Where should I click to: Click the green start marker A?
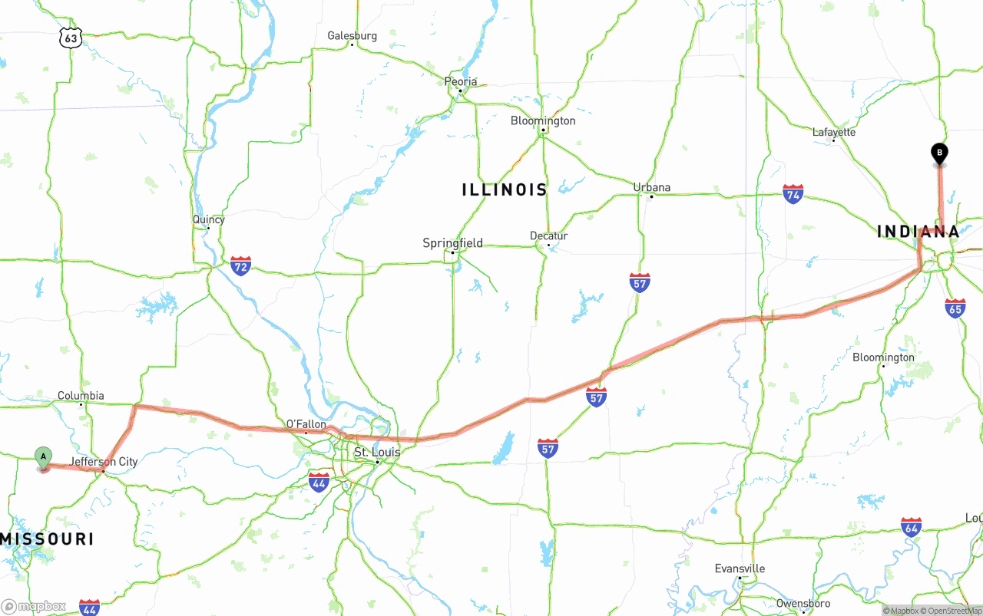click(44, 456)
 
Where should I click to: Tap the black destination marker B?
click(938, 153)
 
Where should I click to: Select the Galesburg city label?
click(352, 35)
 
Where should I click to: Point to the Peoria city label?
click(461, 81)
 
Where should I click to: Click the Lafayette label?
click(834, 132)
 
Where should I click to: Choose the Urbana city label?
click(651, 187)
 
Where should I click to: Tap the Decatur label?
click(548, 236)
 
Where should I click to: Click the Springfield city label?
click(452, 243)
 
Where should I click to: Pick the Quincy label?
click(208, 219)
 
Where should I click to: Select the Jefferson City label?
click(104, 462)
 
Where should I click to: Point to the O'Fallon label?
click(306, 424)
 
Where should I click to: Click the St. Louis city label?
click(377, 453)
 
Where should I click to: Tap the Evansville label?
click(740, 568)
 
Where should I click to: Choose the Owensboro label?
click(803, 604)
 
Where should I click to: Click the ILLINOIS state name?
click(505, 189)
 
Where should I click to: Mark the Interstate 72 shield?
click(240, 266)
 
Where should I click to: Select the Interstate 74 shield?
click(793, 193)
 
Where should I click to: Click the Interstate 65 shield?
click(955, 308)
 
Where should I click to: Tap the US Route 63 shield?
click(71, 38)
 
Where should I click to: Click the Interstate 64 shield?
click(912, 527)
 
